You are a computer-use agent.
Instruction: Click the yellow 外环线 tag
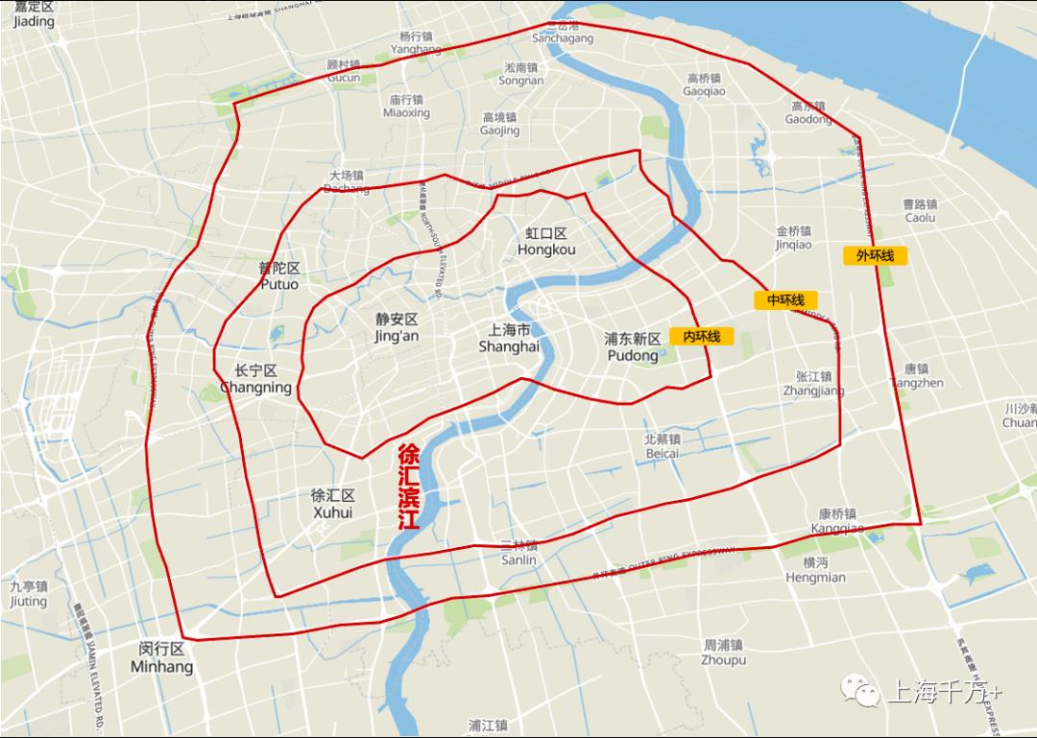tap(875, 255)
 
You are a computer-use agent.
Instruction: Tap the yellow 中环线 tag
tap(785, 300)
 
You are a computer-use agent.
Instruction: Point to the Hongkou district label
tap(546, 242)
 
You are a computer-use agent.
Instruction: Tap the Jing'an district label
tap(397, 327)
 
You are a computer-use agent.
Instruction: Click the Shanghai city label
tap(509, 338)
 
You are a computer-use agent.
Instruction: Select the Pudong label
tap(633, 347)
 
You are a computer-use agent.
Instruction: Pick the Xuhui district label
tap(332, 504)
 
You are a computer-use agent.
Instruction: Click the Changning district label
tap(255, 379)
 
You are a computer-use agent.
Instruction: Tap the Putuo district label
tap(278, 276)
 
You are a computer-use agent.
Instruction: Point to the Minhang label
tap(161, 657)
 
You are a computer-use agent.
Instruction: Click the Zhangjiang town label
tap(813, 384)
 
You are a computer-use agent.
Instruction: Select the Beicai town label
tap(662, 445)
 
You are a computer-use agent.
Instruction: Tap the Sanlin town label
tap(518, 553)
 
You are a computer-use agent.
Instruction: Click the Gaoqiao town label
tap(704, 84)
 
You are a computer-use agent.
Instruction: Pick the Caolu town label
tap(919, 211)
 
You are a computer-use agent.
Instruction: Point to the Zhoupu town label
tap(723, 653)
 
